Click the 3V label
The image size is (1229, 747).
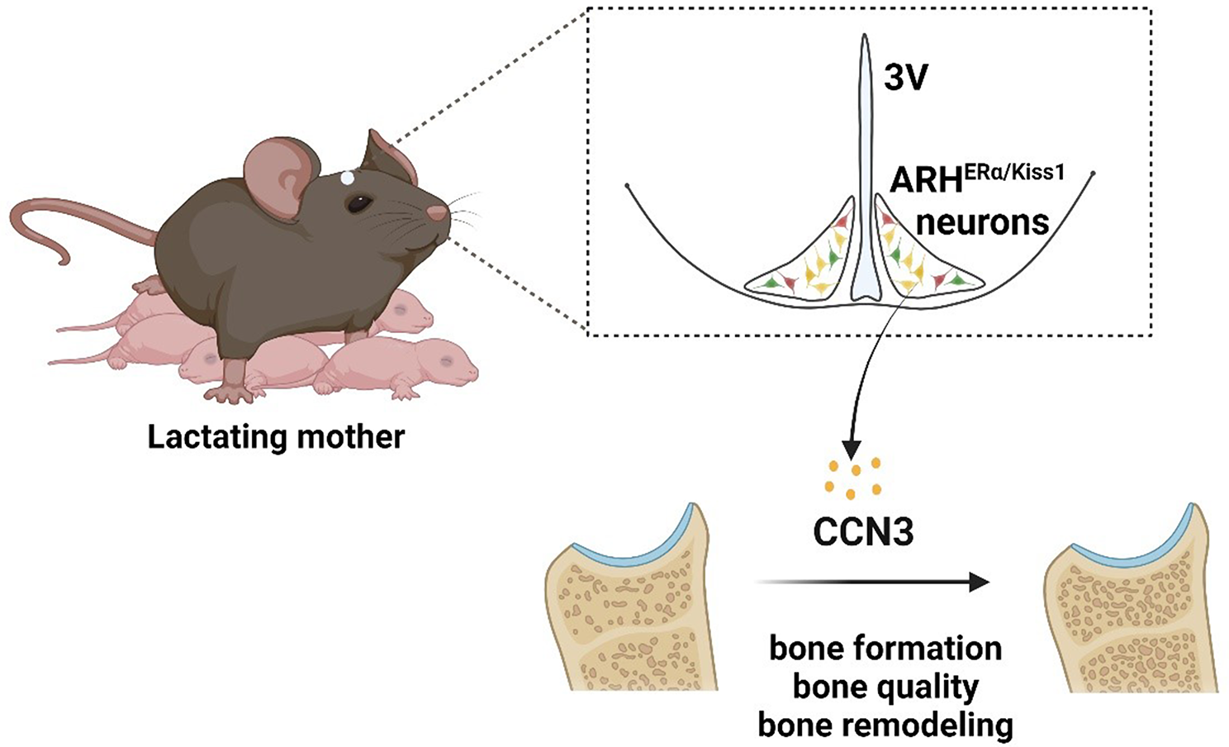pyautogui.click(x=905, y=78)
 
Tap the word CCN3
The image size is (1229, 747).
pyautogui.click(x=863, y=531)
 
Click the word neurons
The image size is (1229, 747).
pyautogui.click(x=982, y=221)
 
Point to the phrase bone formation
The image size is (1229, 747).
pyautogui.click(x=885, y=648)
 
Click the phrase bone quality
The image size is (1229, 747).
pyautogui.click(x=885, y=686)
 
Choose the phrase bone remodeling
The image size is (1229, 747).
pyautogui.click(x=885, y=725)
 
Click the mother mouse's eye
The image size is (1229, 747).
pyautogui.click(x=358, y=202)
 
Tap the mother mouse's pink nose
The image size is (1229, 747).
pyautogui.click(x=439, y=213)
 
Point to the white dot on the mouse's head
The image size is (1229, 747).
pyautogui.click(x=348, y=177)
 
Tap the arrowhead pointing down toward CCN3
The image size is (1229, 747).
pyautogui.click(x=851, y=448)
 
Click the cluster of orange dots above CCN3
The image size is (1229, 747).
pyautogui.click(x=853, y=478)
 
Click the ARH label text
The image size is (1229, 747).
pyautogui.click(x=925, y=180)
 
